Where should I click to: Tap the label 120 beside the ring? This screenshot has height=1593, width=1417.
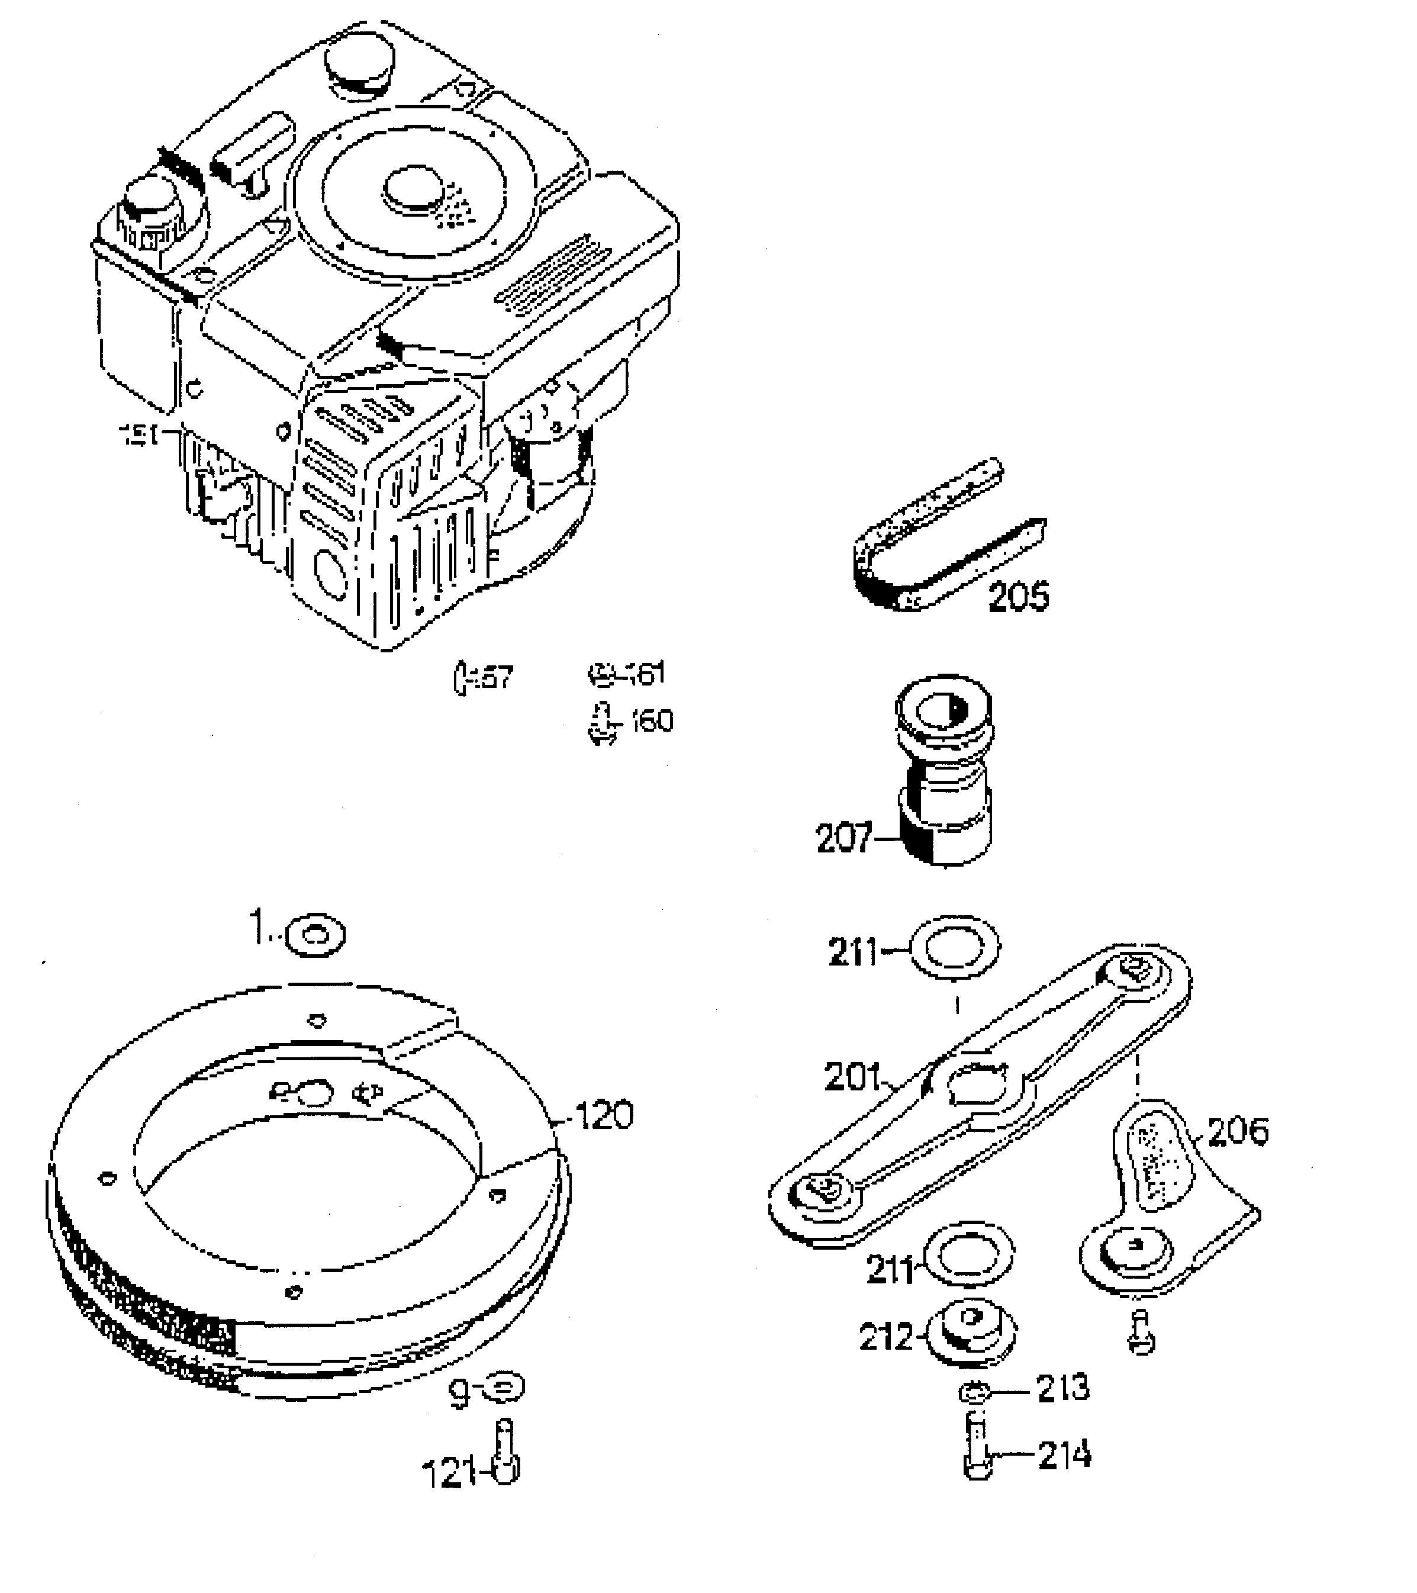[x=603, y=1115]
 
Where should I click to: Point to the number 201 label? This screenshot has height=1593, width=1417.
[x=851, y=1078]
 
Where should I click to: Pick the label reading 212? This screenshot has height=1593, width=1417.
[x=885, y=1337]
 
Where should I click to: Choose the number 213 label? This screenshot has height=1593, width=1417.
[x=1062, y=1387]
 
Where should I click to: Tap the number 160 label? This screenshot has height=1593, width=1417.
[x=652, y=721]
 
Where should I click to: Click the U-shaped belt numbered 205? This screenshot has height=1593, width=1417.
[x=935, y=546]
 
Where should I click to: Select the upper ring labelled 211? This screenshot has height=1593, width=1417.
[x=954, y=948]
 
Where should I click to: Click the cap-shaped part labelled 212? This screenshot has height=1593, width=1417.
[x=970, y=1331]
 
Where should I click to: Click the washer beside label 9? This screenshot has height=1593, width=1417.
[x=504, y=1386]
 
